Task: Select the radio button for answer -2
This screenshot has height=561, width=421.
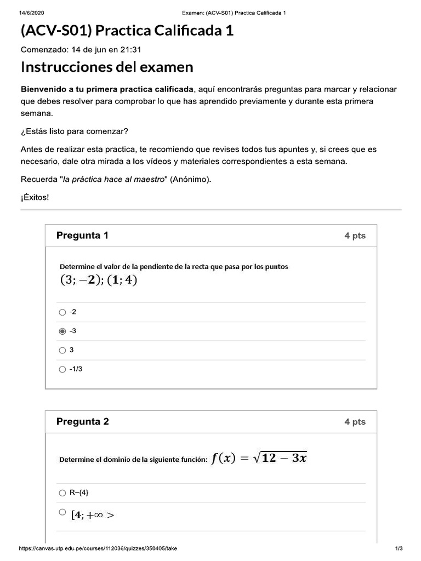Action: click(x=62, y=312)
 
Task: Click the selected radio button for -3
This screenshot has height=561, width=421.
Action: click(x=62, y=331)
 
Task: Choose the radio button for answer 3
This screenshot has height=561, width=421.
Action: click(x=62, y=350)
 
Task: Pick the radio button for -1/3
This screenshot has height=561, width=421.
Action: click(x=62, y=369)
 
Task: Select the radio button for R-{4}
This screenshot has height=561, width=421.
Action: click(x=62, y=493)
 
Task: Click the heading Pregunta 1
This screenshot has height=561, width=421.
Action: click(x=82, y=236)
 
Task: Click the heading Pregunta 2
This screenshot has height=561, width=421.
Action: click(x=82, y=421)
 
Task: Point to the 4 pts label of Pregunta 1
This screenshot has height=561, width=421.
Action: click(x=355, y=236)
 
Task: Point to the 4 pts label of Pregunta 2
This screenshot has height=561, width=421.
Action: click(x=355, y=422)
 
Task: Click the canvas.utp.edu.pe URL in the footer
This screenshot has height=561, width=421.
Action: click(x=98, y=548)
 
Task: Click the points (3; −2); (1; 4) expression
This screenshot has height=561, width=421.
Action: click(x=98, y=280)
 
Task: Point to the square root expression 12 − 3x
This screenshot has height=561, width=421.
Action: click(x=280, y=459)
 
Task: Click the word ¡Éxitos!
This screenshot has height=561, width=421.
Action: click(x=35, y=197)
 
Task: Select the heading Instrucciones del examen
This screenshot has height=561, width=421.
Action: click(x=107, y=67)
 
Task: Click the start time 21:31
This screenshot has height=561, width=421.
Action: click(x=132, y=50)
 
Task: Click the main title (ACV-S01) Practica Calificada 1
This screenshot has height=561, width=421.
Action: click(x=127, y=31)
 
